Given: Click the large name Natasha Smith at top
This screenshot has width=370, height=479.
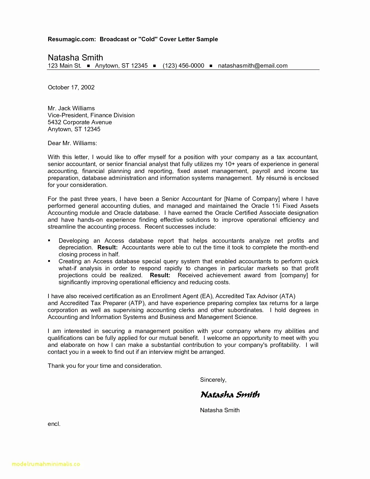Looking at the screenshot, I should pos(75,57).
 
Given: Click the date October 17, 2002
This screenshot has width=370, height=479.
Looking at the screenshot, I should pos(71,87).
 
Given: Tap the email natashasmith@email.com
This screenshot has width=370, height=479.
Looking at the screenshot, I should pos(253,66).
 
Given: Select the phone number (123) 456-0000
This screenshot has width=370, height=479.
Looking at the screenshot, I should pos(183,66).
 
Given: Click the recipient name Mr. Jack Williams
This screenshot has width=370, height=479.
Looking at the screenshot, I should pos(71,108).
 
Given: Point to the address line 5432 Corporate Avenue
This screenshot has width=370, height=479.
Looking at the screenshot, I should pos(80,122).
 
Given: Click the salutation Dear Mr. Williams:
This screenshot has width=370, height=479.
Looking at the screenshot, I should pos(72,143).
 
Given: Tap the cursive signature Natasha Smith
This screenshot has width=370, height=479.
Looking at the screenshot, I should pos(230,395).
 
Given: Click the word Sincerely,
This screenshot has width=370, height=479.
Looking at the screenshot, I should pos(213,380).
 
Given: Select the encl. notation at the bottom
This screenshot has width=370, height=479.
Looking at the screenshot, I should pos(54,424).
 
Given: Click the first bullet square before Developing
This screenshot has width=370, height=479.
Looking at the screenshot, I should pos(49,241).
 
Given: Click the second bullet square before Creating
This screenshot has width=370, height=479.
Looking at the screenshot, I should pos(49,261).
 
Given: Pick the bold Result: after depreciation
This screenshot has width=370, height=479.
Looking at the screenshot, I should pos(107,248).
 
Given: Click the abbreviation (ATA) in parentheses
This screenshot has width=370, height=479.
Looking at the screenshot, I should pos(287,296).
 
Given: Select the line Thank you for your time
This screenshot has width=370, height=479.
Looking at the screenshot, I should pos(105,366).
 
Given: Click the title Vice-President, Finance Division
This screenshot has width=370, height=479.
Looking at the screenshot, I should pos(91,115).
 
